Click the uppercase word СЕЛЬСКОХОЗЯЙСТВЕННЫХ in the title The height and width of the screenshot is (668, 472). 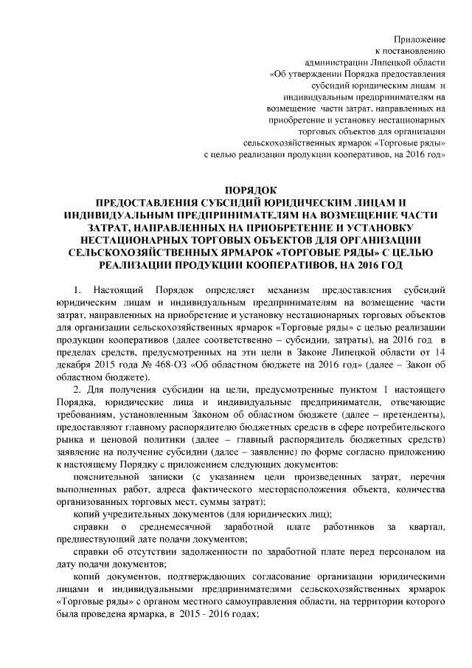(164, 252)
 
